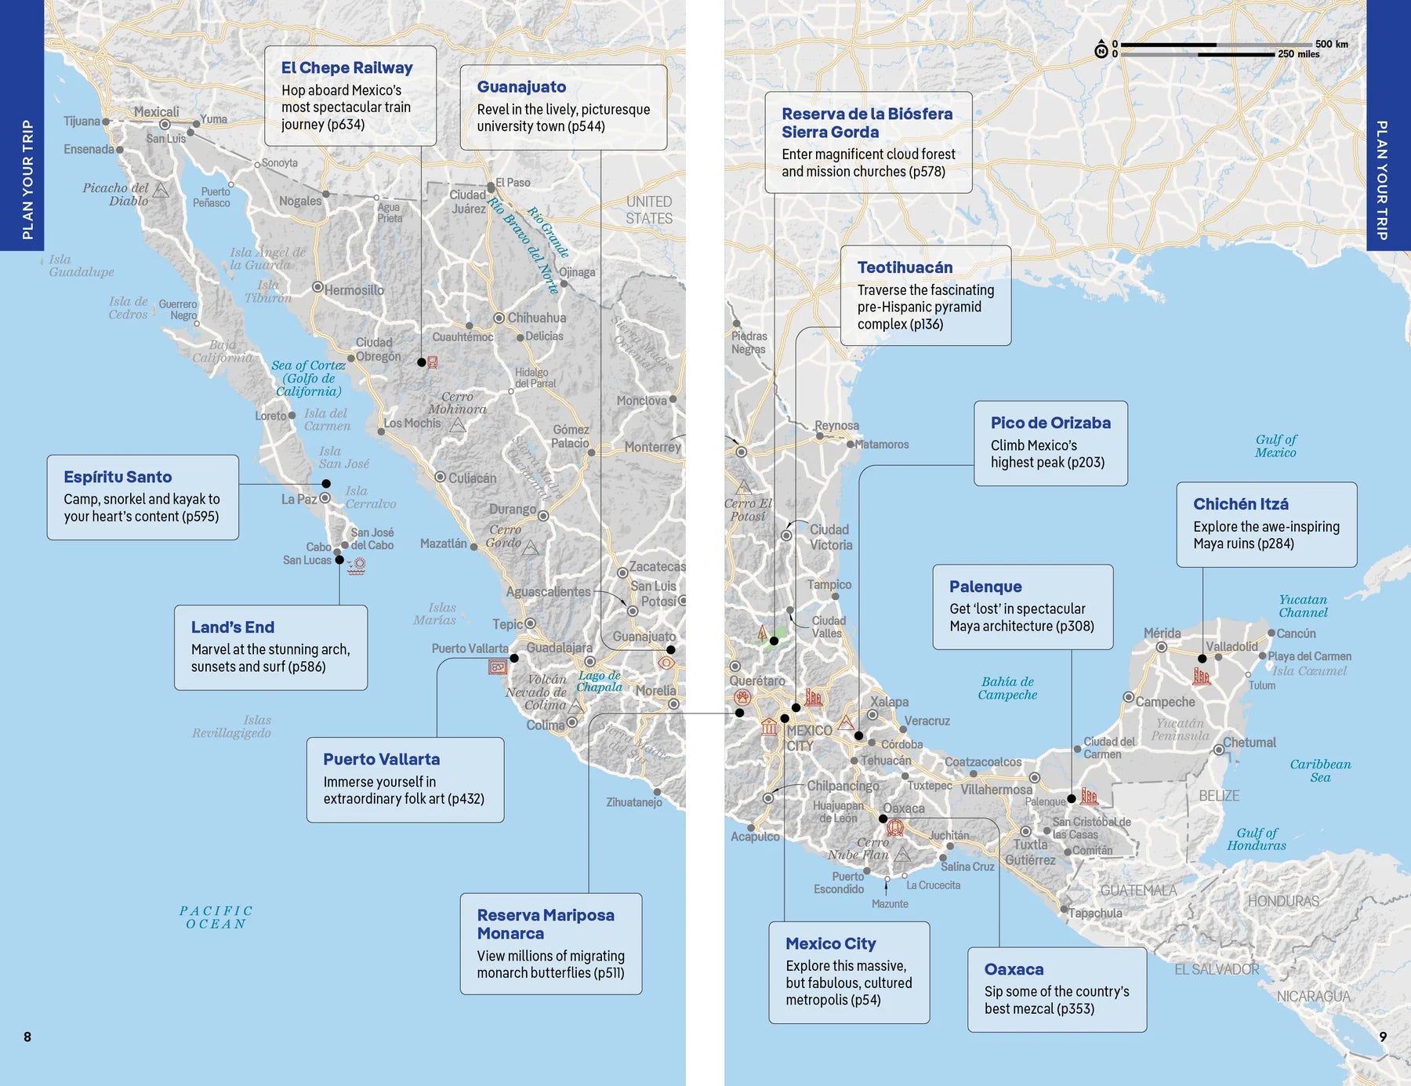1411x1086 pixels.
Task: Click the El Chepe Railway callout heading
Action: pyautogui.click(x=346, y=68)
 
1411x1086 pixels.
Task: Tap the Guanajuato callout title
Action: pyautogui.click(x=521, y=87)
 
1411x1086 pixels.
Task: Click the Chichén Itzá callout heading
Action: pyautogui.click(x=1240, y=504)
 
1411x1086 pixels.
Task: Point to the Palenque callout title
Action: pyautogui.click(x=985, y=587)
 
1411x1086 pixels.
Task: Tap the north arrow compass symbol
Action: pyautogui.click(x=1101, y=50)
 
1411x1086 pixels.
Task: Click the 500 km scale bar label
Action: pyautogui.click(x=1331, y=44)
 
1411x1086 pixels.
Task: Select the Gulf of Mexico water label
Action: pyautogui.click(x=1275, y=445)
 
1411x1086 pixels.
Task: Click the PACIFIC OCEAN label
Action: pyautogui.click(x=216, y=917)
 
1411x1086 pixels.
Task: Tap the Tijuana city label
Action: pyautogui.click(x=82, y=122)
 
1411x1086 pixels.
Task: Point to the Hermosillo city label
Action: pyautogui.click(x=354, y=290)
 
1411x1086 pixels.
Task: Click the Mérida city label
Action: pyautogui.click(x=1162, y=634)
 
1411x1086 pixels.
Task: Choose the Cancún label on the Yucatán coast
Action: pyautogui.click(x=1296, y=634)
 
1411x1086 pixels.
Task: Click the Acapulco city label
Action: pyautogui.click(x=755, y=837)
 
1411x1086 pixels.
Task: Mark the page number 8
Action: pyautogui.click(x=27, y=1037)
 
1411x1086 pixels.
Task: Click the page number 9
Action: pyautogui.click(x=1383, y=1037)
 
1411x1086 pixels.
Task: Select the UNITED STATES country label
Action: pyautogui.click(x=649, y=210)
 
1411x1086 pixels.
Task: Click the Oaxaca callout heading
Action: pyautogui.click(x=1014, y=969)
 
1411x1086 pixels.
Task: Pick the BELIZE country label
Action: pyautogui.click(x=1219, y=796)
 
